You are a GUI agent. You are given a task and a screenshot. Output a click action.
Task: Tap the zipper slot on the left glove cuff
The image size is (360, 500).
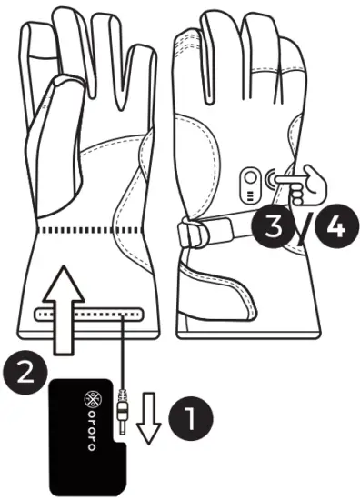coord(88,314)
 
